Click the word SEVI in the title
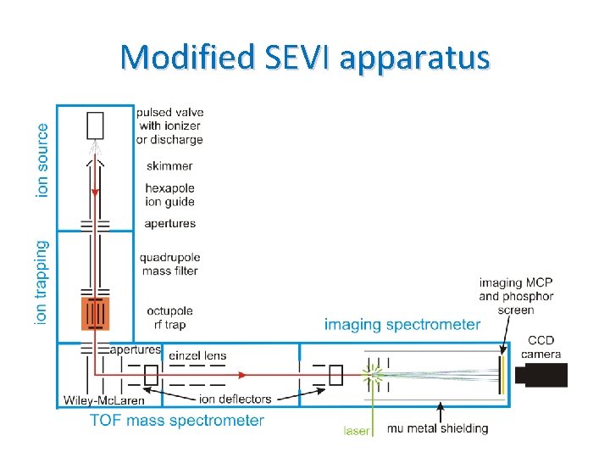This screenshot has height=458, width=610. pos(288,57)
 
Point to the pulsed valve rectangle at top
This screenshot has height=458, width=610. pos(94,126)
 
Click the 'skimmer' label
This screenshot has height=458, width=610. pos(169,166)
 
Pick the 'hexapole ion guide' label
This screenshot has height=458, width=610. pos(169,195)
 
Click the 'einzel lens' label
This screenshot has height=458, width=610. pos(198,355)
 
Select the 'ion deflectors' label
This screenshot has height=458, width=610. pos(235,399)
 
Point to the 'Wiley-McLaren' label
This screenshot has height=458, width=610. pos(103,400)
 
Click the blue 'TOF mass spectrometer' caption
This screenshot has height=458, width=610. pos(177,420)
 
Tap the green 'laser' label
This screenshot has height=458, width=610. pos(357,430)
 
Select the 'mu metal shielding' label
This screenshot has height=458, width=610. pos(437,428)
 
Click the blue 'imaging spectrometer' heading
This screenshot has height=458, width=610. pos(402,324)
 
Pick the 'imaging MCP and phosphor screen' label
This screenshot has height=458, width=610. pos(516,296)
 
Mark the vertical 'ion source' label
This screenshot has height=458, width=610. pos(42,161)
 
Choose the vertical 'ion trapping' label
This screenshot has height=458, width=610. pos(42,282)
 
